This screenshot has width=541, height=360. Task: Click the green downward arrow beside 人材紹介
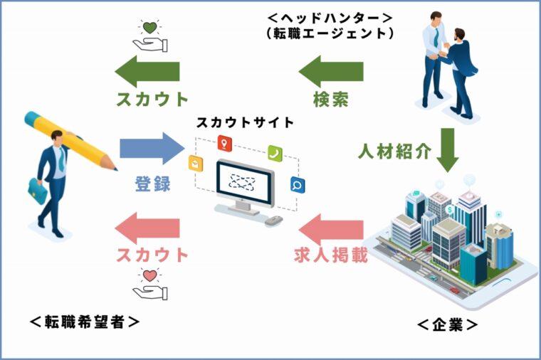pyautogui.click(x=448, y=150)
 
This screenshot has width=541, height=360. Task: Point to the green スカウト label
pyautogui.click(x=152, y=98)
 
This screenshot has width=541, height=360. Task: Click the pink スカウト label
pyautogui.click(x=152, y=254)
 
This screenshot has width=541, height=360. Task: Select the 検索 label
pyautogui.click(x=330, y=98)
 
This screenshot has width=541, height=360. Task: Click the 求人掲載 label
pyautogui.click(x=330, y=254)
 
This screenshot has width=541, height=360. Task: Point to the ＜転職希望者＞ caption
pyautogui.click(x=85, y=322)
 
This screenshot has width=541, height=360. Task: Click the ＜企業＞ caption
pyautogui.click(x=447, y=324)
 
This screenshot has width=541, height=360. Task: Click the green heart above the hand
pyautogui.click(x=149, y=28)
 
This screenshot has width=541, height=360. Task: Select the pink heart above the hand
pyautogui.click(x=149, y=275)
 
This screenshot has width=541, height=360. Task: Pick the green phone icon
pyautogui.click(x=275, y=152)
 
